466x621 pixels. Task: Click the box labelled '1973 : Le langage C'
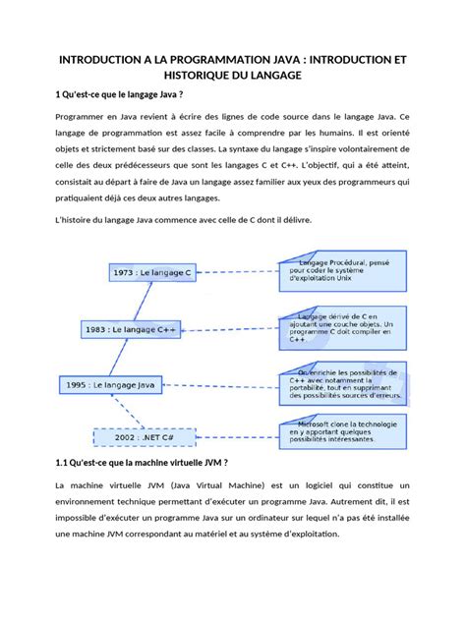(x=151, y=271)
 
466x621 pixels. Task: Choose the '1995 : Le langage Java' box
(x=110, y=386)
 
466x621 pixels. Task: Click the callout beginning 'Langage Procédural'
(x=340, y=270)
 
